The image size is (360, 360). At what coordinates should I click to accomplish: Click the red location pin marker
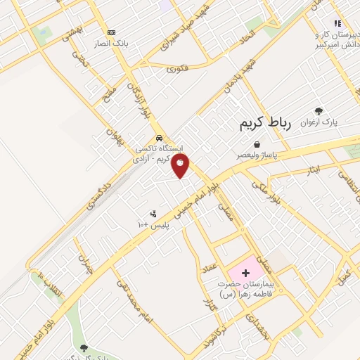coord(181,166)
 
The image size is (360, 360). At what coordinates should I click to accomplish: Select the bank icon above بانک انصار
coord(111,32)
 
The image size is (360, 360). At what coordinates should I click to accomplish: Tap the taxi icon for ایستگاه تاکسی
coord(161,138)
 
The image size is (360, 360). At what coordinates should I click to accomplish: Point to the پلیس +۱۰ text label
coord(153,224)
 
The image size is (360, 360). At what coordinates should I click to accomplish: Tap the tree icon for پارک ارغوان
coord(319,110)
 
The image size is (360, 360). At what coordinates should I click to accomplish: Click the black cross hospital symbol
coord(245,271)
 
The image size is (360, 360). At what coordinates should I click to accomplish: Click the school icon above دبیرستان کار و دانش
coord(337,23)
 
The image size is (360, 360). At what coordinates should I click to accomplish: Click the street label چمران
coord(86,266)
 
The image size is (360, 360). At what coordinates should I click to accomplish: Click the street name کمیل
coord(344,274)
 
